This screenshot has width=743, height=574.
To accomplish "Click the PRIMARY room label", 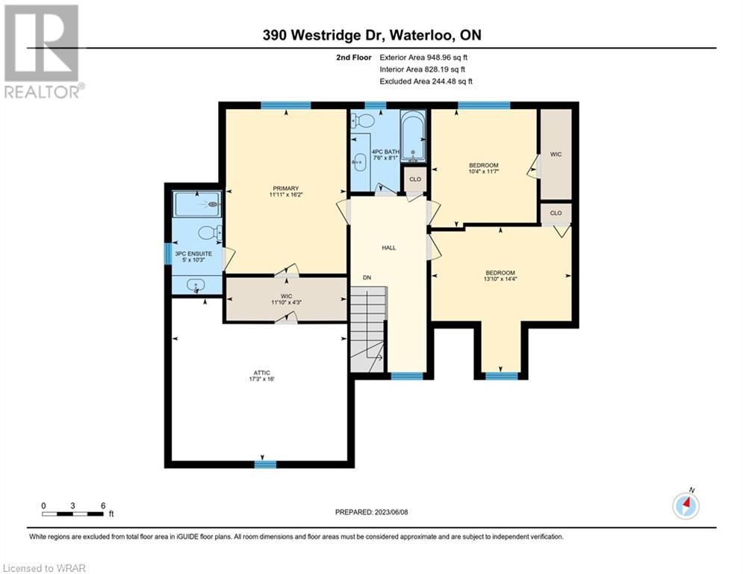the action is pyautogui.click(x=285, y=188).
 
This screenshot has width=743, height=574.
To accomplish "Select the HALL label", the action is pyautogui.click(x=389, y=247).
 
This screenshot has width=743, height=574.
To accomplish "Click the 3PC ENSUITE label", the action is pyautogui.click(x=193, y=254).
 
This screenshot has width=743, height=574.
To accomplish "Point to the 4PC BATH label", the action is pyautogui.click(x=385, y=152).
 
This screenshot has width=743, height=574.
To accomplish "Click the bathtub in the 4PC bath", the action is pyautogui.click(x=413, y=137).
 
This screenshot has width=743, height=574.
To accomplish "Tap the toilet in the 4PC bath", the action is pyautogui.click(x=362, y=120).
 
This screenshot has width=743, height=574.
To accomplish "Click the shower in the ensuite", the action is pyautogui.click(x=196, y=204).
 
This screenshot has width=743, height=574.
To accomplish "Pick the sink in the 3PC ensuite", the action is pyautogui.click(x=196, y=286).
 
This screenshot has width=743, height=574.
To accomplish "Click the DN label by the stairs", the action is pyautogui.click(x=367, y=277).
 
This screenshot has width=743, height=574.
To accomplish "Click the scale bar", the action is pyautogui.click(x=73, y=513).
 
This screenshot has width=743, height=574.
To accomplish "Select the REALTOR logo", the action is pyautogui.click(x=42, y=52).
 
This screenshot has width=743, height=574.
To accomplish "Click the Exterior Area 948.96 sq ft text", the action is pyautogui.click(x=423, y=58).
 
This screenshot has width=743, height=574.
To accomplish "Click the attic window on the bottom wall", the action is pyautogui.click(x=265, y=464).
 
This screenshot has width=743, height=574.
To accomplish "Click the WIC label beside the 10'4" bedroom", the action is pyautogui.click(x=556, y=154).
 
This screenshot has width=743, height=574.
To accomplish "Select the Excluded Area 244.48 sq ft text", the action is pyautogui.click(x=426, y=81).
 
